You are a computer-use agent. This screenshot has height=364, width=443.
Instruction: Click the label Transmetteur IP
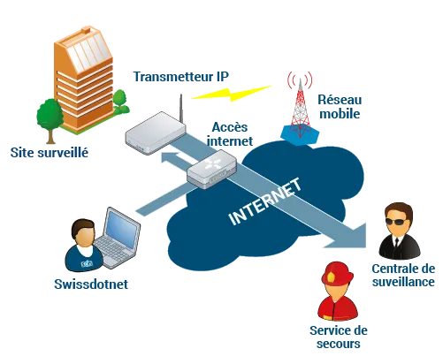181,77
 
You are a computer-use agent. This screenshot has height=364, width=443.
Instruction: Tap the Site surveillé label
50,153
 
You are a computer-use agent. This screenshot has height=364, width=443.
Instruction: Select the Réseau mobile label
340,107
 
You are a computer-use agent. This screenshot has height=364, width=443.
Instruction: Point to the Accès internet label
230,134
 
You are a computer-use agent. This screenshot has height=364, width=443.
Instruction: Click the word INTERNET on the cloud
265,201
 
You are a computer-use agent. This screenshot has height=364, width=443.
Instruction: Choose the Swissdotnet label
91,284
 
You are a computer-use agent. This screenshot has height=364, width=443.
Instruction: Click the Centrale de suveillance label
403,275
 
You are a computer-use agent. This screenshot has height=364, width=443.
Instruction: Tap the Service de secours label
339,337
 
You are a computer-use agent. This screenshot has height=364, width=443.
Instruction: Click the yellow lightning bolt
232,93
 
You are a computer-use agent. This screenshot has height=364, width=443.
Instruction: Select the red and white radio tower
300,108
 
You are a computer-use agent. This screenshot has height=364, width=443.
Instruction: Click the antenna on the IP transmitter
181,109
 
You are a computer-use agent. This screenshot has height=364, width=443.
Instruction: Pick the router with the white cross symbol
211,169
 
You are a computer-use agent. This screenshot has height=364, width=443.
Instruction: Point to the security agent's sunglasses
399,222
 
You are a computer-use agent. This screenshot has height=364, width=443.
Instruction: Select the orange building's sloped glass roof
88,53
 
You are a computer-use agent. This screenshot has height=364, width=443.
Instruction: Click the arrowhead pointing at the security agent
348,236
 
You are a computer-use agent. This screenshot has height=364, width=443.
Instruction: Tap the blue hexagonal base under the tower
300,134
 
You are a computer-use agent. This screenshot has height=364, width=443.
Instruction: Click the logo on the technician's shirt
87,263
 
